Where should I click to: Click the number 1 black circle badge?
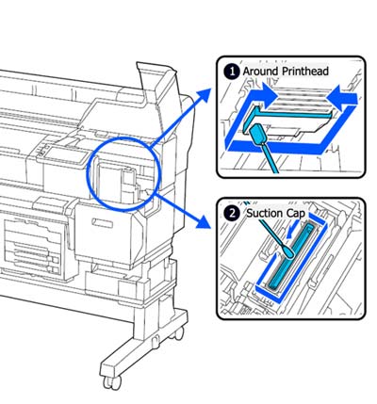click(x=232, y=72)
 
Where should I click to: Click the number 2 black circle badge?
click(x=232, y=214)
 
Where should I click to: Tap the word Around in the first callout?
click(x=260, y=71)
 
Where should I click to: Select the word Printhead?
click(x=304, y=71)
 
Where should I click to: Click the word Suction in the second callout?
click(x=265, y=214)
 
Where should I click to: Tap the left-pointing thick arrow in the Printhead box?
click(x=342, y=96)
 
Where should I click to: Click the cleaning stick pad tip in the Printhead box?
click(x=258, y=133)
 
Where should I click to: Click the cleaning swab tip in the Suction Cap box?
click(x=289, y=252)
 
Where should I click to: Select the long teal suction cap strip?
click(x=290, y=257)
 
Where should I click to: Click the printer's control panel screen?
click(x=65, y=155)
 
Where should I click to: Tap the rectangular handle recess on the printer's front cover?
click(x=102, y=223)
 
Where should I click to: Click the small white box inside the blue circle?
click(x=129, y=178)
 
